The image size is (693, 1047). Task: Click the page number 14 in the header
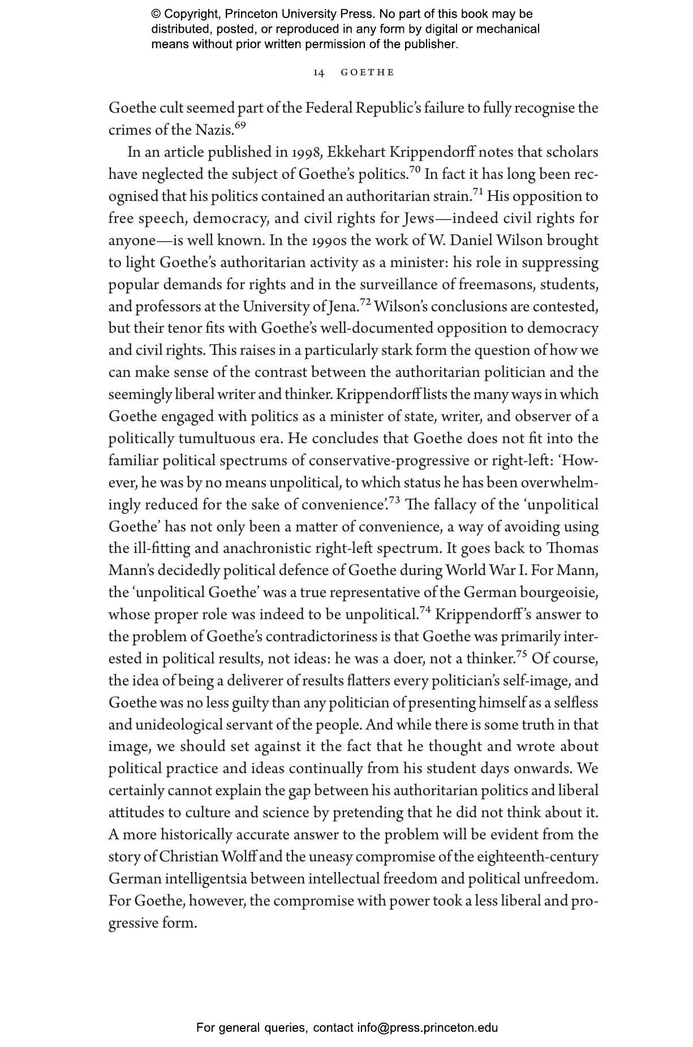(x=319, y=72)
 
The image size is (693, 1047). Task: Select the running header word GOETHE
(x=367, y=72)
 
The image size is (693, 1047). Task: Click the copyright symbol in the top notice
(x=156, y=14)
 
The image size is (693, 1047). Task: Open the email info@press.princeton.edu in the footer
(x=427, y=1027)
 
